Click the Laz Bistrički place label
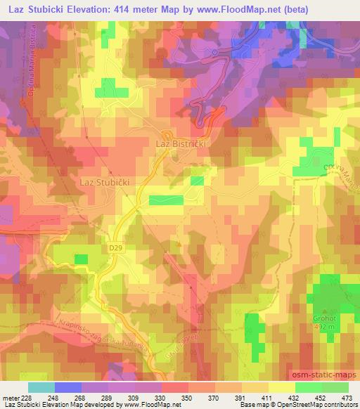click(x=179, y=143)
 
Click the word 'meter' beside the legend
click(x=10, y=398)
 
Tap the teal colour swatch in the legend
click(x=41, y=388)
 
